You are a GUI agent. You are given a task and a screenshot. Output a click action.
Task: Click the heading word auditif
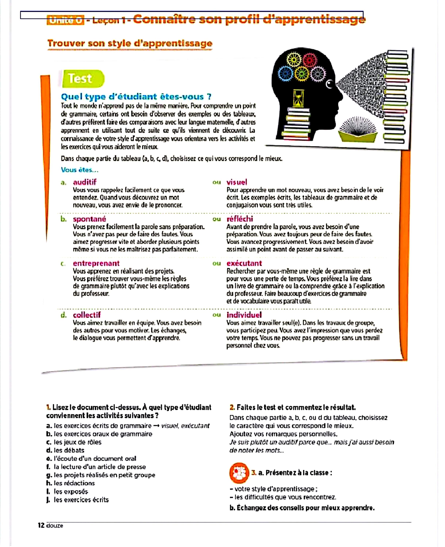click(85, 182)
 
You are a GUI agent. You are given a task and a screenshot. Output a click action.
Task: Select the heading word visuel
click(237, 182)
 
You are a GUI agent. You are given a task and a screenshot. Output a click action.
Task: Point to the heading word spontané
click(89, 219)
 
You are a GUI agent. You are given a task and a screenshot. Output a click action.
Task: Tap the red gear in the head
click(310, 60)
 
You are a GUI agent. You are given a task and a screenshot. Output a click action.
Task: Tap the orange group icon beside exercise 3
click(239, 472)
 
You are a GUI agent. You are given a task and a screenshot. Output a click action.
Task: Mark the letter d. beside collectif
click(64, 315)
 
